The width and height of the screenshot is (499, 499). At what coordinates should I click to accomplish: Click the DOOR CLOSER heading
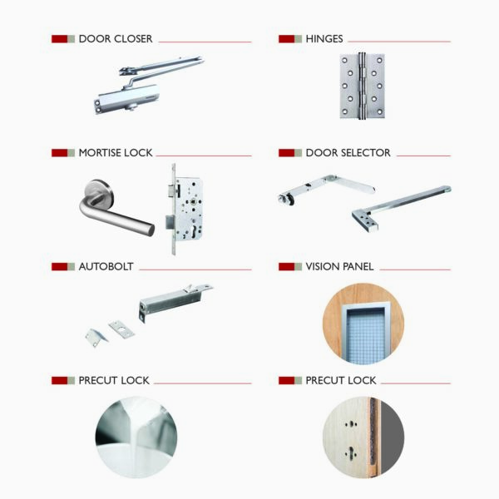(x=116, y=39)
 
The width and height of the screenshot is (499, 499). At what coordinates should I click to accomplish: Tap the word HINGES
(x=324, y=39)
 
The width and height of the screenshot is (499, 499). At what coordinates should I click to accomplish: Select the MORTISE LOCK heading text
(x=116, y=153)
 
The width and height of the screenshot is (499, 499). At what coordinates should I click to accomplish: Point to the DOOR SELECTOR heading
(x=348, y=153)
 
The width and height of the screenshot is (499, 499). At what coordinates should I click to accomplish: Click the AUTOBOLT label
(x=106, y=267)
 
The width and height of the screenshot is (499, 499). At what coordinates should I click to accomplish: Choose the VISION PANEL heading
(x=339, y=267)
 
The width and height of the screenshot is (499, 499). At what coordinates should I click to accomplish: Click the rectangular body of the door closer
(x=127, y=98)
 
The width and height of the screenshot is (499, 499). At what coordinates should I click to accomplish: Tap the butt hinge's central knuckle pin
(x=361, y=86)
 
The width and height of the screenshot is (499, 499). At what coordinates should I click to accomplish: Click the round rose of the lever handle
(x=99, y=192)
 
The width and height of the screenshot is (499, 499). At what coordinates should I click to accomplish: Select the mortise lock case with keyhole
(x=188, y=209)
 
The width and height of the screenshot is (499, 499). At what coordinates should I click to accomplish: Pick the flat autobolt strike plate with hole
(x=121, y=329)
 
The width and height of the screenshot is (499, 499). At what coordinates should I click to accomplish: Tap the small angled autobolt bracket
(x=96, y=338)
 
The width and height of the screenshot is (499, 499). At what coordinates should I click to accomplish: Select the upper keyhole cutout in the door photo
(x=351, y=424)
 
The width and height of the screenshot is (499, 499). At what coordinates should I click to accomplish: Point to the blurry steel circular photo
(x=136, y=437)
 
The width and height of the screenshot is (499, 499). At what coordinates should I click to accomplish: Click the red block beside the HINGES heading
(x=286, y=39)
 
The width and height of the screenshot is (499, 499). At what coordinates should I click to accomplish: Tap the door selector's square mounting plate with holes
(x=365, y=220)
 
